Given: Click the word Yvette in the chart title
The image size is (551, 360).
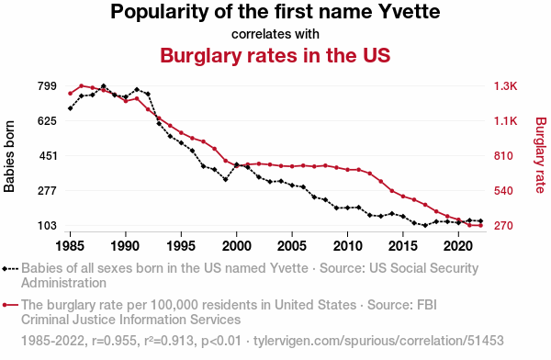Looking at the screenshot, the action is pyautogui.click(x=409, y=12).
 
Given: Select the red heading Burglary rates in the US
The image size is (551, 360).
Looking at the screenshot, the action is pyautogui.click(x=275, y=55).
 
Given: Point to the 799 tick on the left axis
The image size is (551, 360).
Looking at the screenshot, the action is pyautogui.click(x=47, y=85).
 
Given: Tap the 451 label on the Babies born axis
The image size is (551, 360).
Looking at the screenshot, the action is pyautogui.click(x=48, y=156).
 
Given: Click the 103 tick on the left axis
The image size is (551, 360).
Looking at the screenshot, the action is pyautogui.click(x=47, y=225).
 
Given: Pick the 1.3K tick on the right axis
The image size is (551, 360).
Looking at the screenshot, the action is pyautogui.click(x=505, y=85).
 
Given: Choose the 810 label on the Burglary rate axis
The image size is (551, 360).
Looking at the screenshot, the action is pyautogui.click(x=503, y=156).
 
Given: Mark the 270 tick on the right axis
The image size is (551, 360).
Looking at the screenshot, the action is pyautogui.click(x=503, y=225).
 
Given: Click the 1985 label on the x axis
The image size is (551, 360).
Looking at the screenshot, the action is pyautogui.click(x=70, y=245).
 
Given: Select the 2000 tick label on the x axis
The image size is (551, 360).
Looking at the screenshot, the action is pyautogui.click(x=237, y=245).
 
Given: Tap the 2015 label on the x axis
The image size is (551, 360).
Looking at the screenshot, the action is pyautogui.click(x=403, y=245).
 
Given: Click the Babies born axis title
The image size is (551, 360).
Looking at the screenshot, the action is pyautogui.click(x=9, y=156).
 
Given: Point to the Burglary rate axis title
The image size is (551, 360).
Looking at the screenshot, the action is pyautogui.click(x=541, y=155).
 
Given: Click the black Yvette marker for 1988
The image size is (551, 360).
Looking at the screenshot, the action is pyautogui.click(x=103, y=86).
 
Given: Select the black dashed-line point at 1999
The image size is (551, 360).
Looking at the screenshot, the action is pyautogui.click(x=226, y=179).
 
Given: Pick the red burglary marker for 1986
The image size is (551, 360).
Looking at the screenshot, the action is pyautogui.click(x=81, y=85).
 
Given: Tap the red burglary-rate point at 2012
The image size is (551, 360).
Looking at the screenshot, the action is pyautogui.click(x=370, y=174).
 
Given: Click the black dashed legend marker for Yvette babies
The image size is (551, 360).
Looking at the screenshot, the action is pyautogui.click(x=10, y=269).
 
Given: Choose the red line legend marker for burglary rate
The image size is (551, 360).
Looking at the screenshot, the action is pyautogui.click(x=10, y=305).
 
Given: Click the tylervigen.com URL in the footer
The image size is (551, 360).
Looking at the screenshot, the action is pyautogui.click(x=378, y=341).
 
